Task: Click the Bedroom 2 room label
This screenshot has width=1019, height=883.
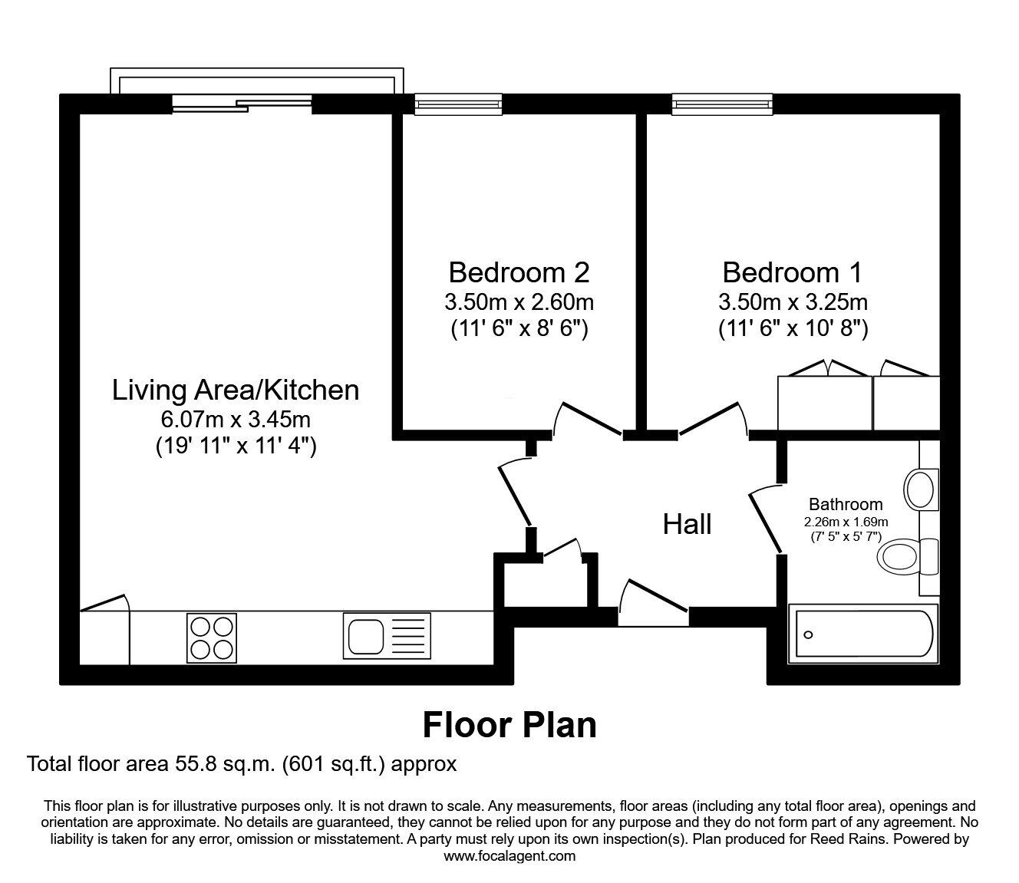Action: pos(519,272)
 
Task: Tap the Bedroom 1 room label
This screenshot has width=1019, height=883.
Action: pos(792,272)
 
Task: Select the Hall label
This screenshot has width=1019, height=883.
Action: pos(687,525)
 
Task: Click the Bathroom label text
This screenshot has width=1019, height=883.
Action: pos(846,505)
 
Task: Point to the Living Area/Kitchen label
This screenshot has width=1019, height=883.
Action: pos(236,390)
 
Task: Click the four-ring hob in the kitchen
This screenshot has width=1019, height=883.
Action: pos(211,638)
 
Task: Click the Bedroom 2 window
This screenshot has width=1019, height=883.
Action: pos(458,104)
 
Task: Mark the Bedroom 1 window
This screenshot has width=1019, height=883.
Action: pos(722,104)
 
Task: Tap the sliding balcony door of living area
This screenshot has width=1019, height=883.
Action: pos(242,104)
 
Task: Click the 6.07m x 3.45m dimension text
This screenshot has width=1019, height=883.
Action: pos(236,420)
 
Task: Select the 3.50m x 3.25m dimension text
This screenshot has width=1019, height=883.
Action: pos(793,301)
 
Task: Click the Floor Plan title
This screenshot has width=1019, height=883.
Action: pos(509,725)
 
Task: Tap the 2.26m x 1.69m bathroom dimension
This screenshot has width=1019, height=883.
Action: pos(845,522)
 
